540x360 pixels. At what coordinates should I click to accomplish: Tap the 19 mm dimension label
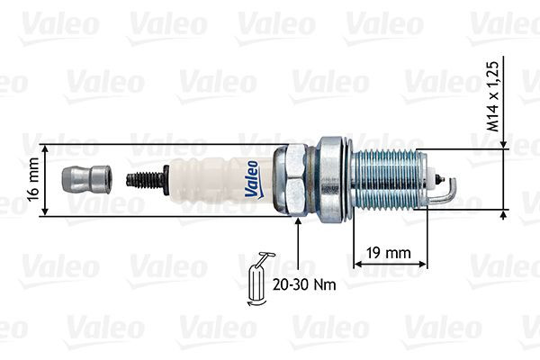click(x=386, y=253)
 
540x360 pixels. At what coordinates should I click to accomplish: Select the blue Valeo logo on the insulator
click(x=251, y=177)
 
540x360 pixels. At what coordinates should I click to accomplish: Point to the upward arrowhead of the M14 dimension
click(x=502, y=216)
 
